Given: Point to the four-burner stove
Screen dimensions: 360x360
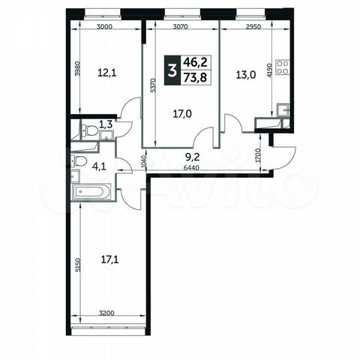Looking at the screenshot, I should click(283, 67).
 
